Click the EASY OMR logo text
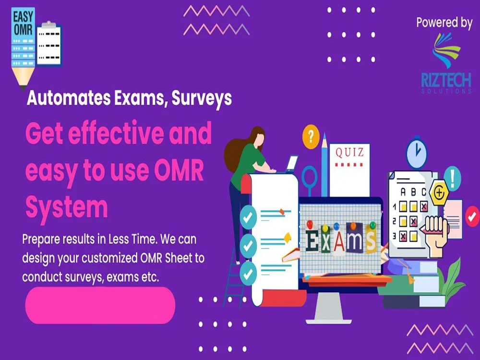click(x=23, y=23)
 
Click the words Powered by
click(x=444, y=23)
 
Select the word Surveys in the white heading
click(x=202, y=98)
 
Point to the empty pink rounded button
click(x=100, y=305)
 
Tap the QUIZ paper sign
click(x=349, y=154)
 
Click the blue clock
click(x=416, y=154)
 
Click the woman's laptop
click(x=291, y=164)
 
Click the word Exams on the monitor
click(x=340, y=239)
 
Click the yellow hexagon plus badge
click(x=438, y=194)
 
